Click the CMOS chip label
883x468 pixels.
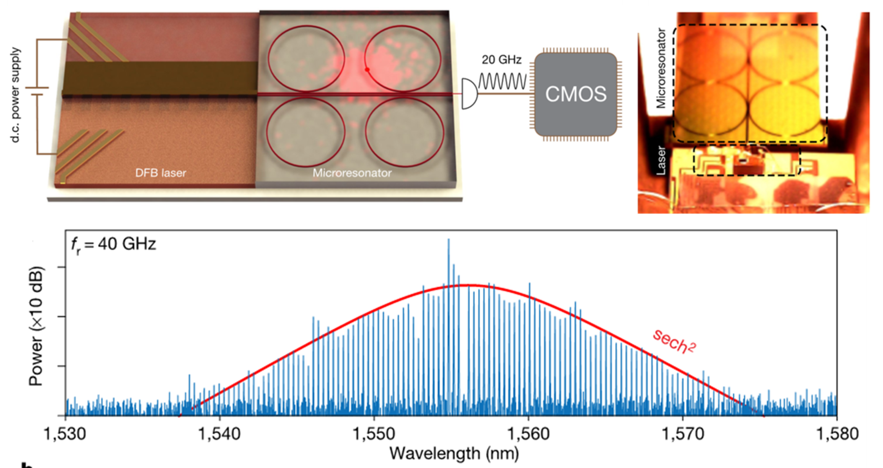pos(575,94)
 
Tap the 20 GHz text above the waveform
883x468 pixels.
pos(501,60)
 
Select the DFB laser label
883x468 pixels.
pos(161,173)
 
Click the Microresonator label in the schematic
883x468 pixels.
pos(352,173)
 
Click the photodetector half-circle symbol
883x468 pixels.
pos(469,94)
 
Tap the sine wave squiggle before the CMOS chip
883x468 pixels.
pos(502,81)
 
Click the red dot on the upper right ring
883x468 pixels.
pos(367,70)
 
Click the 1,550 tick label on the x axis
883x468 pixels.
pos(374,434)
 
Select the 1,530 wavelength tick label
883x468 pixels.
pos(65,434)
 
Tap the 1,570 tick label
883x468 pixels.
pos(683,434)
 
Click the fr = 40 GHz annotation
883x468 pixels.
pos(114,244)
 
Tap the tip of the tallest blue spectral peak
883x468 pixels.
pos(449,240)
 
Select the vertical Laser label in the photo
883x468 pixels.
pos(661,160)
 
